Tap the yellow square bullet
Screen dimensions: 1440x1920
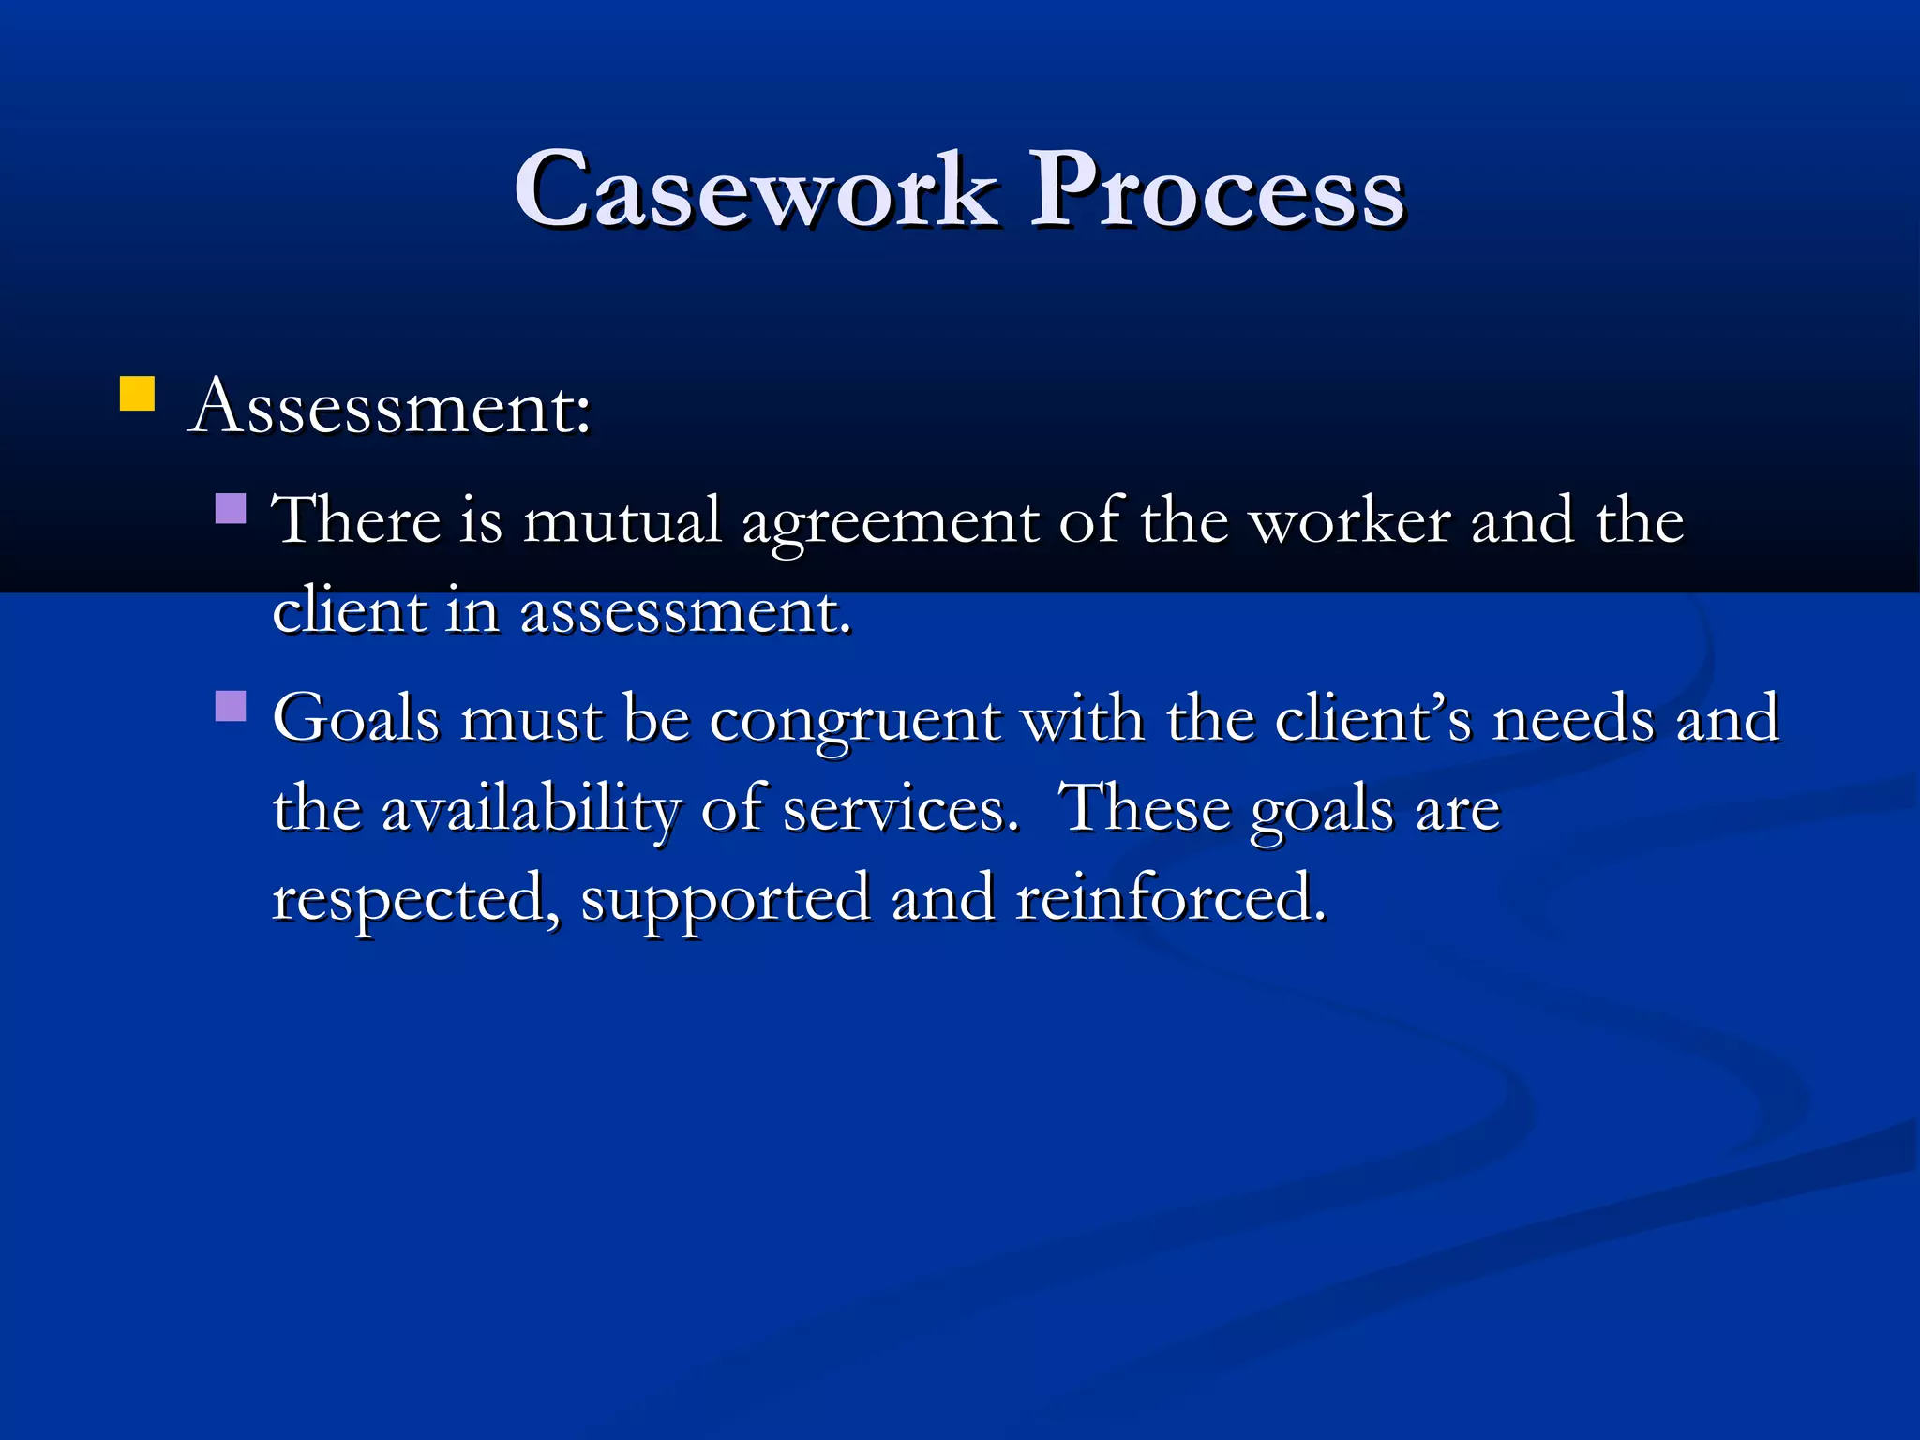[137, 394]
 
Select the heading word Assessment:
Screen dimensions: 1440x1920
[390, 408]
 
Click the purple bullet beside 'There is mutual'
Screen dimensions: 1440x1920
[231, 508]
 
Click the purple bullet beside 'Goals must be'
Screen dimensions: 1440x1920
[231, 705]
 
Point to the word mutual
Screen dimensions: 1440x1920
[622, 520]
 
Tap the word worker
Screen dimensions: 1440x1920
[1351, 520]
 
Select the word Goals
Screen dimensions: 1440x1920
[356, 718]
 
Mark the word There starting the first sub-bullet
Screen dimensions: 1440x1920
[355, 520]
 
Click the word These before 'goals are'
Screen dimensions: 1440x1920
[1143, 807]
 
